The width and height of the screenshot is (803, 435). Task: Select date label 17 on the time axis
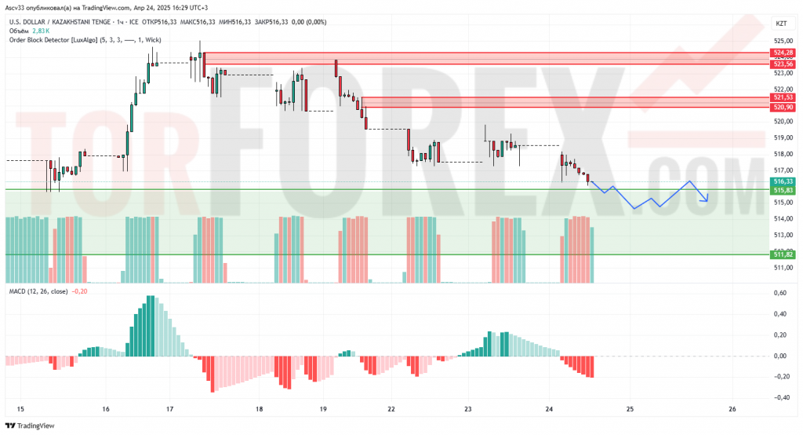pyautogui.click(x=170, y=408)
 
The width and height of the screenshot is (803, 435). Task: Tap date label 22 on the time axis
pyautogui.click(x=391, y=408)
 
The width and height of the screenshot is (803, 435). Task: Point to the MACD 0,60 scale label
pyautogui.click(x=780, y=293)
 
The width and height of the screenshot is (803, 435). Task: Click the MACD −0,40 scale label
pyautogui.click(x=779, y=397)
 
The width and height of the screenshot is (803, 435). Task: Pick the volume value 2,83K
pyautogui.click(x=40, y=30)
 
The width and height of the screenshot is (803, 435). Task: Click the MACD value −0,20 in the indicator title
pyautogui.click(x=79, y=291)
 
